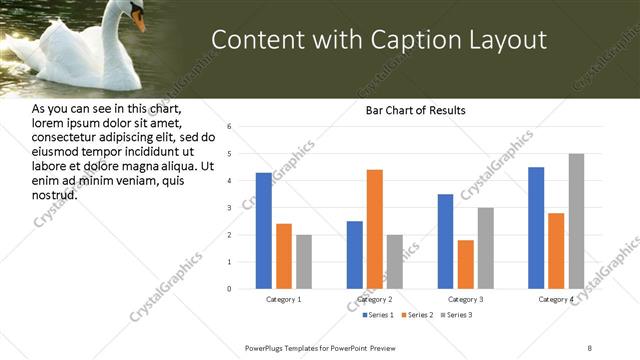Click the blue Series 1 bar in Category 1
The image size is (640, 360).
(263, 231)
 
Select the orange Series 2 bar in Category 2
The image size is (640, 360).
(375, 229)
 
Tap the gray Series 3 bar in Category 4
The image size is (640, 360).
(576, 221)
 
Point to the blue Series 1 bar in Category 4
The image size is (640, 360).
(536, 228)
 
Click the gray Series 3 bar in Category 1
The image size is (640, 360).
(304, 262)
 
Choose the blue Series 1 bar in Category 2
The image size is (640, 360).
(355, 255)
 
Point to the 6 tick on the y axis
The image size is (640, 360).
(229, 127)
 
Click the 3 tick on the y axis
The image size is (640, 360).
(229, 208)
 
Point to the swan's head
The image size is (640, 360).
(134, 12)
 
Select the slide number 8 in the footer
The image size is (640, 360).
(589, 347)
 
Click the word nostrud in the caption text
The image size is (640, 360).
(55, 194)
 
